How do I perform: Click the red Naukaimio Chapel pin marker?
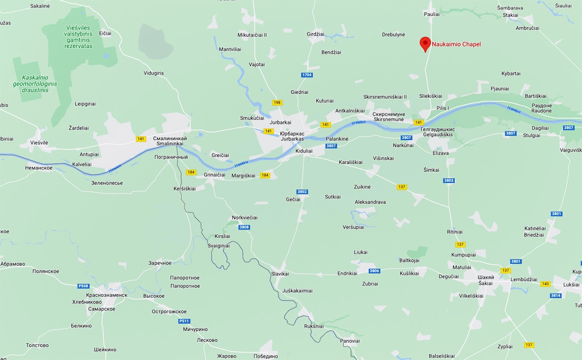point(425,43)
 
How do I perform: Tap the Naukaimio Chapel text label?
point(456,44)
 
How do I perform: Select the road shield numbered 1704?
point(307,75)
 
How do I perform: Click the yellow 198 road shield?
point(277,103)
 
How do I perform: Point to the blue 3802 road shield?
point(302,191)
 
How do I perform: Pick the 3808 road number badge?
point(244,227)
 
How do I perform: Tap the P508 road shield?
point(83,286)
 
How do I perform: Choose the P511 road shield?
point(184,321)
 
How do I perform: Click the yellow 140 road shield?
point(545,284)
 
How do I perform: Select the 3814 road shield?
point(556,295)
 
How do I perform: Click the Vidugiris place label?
point(153,73)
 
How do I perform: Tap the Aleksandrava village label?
point(370,202)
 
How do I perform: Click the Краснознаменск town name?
point(107,295)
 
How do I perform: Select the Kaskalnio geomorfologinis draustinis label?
point(35,84)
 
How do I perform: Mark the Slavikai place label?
point(280,274)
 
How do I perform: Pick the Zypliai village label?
point(505,346)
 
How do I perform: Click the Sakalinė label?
point(40,6)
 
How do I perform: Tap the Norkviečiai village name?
point(245,217)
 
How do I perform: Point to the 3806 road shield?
point(374,271)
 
